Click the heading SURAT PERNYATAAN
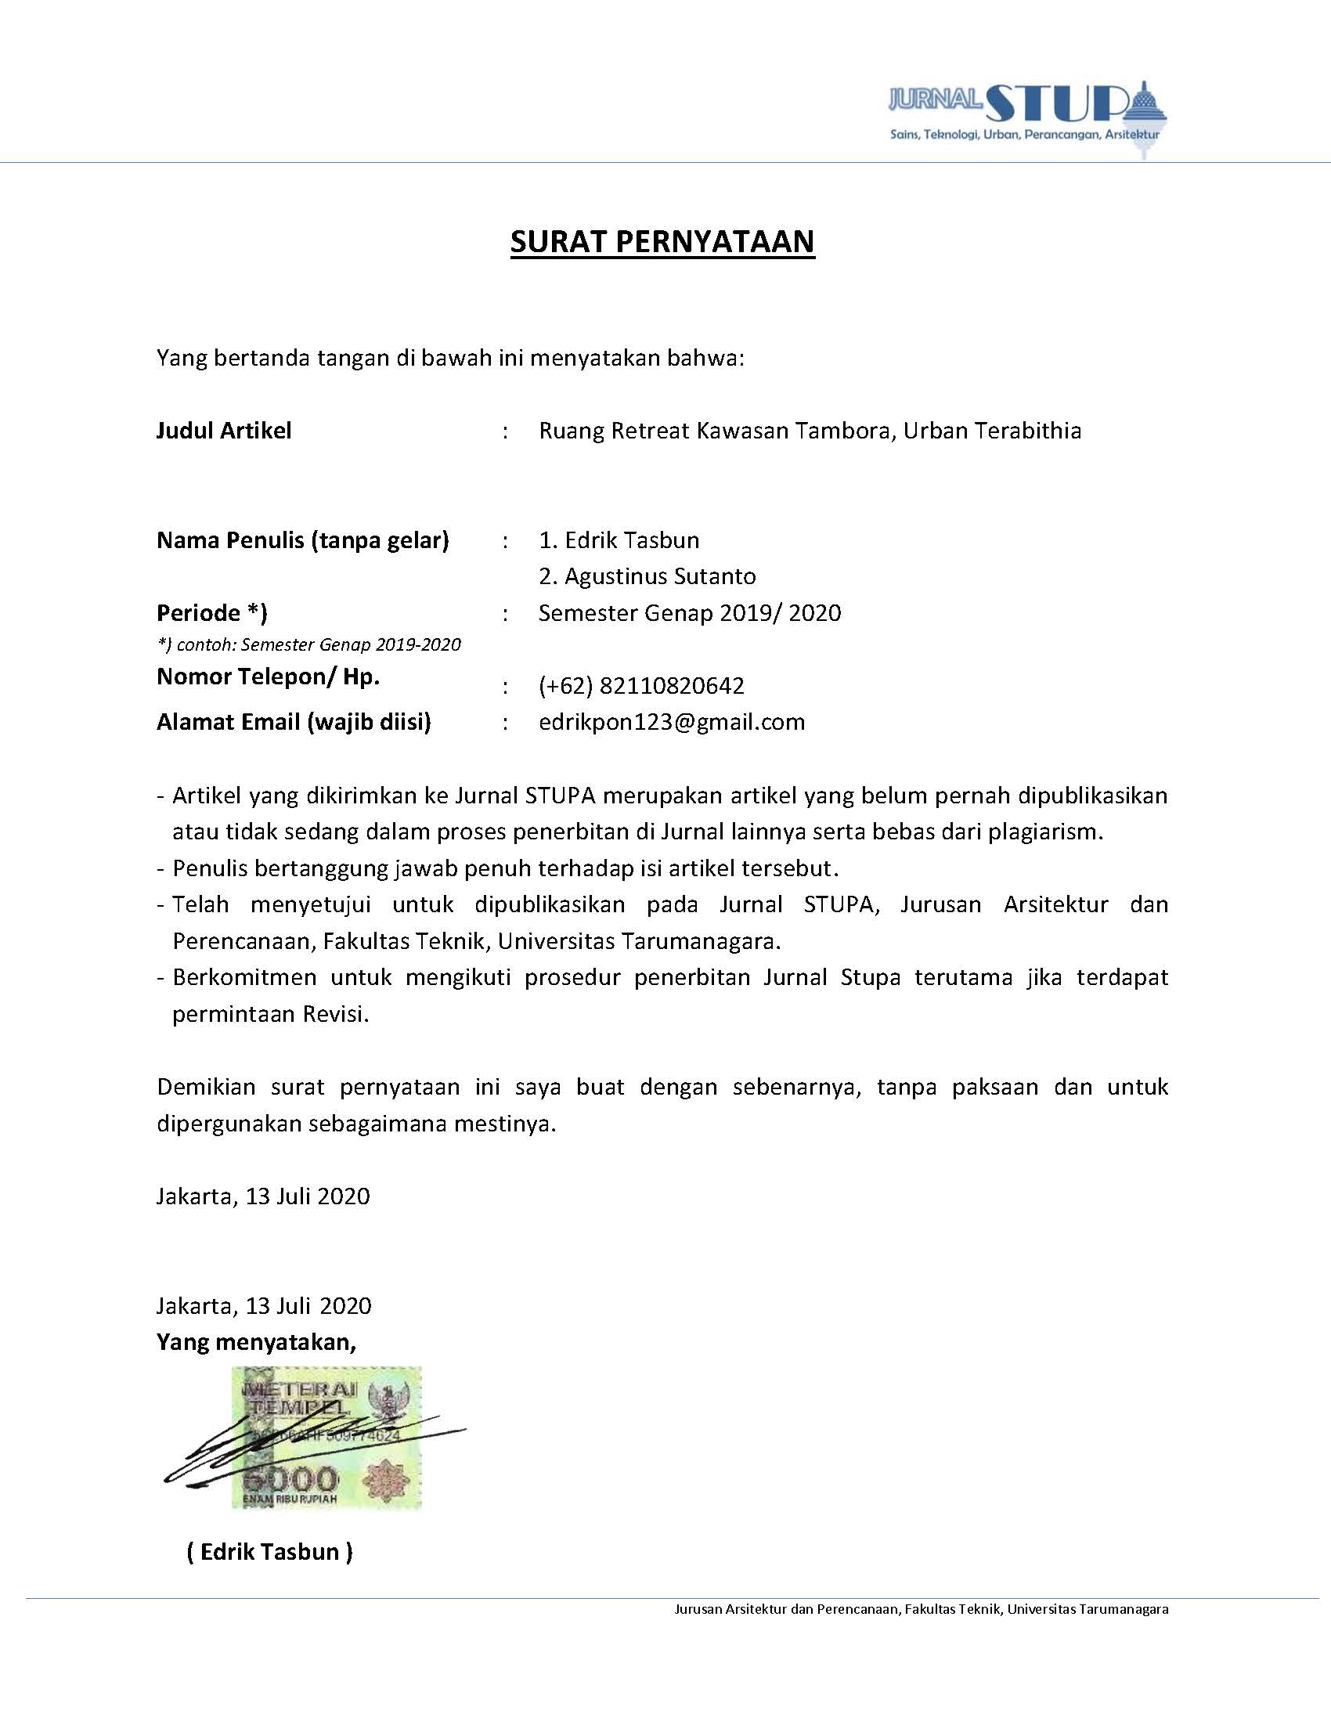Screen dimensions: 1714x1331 click(662, 242)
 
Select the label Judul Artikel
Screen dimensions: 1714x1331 click(224, 430)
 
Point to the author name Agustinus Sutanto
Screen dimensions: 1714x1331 click(647, 576)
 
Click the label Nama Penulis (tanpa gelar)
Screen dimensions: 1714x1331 click(302, 540)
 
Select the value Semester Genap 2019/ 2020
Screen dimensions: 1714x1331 click(689, 612)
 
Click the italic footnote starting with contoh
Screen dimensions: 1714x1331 click(308, 644)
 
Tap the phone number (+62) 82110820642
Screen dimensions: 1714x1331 click(640, 686)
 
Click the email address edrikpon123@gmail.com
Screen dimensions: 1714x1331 click(672, 722)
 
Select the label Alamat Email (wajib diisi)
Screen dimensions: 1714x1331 click(294, 722)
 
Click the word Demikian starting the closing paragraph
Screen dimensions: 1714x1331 click(206, 1087)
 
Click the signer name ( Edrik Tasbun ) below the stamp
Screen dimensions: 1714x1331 click(269, 1552)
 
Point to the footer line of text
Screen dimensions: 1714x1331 click(921, 1609)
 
